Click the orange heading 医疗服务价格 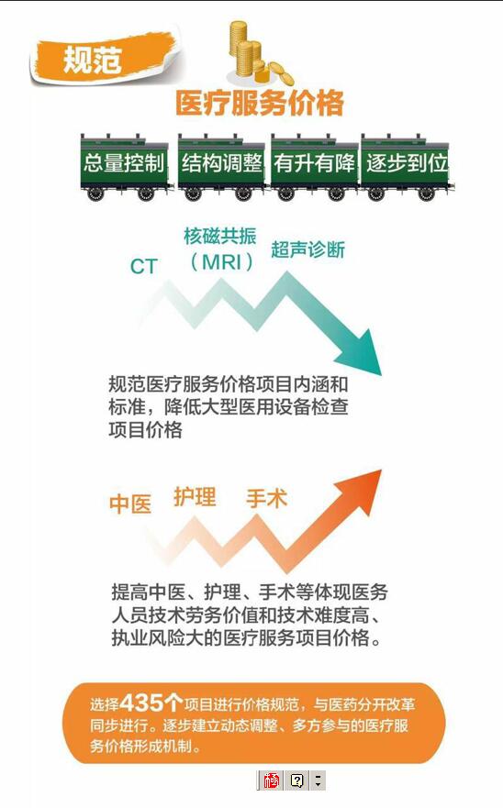pyautogui.click(x=260, y=102)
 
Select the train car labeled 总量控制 pyautogui.click(x=124, y=166)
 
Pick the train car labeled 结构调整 pyautogui.click(x=222, y=166)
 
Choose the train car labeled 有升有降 pyautogui.click(x=315, y=166)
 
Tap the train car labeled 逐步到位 pyautogui.click(x=407, y=166)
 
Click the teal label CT pyautogui.click(x=143, y=266)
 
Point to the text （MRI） pyautogui.click(x=222, y=262)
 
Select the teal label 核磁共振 pyautogui.click(x=220, y=236)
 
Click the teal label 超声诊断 pyautogui.click(x=308, y=249)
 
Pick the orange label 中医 pyautogui.click(x=130, y=504)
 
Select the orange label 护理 pyautogui.click(x=195, y=496)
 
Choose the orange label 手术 pyautogui.click(x=266, y=498)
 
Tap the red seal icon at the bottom pyautogui.click(x=271, y=780)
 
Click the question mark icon pyautogui.click(x=297, y=780)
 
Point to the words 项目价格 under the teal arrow pyautogui.click(x=145, y=429)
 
